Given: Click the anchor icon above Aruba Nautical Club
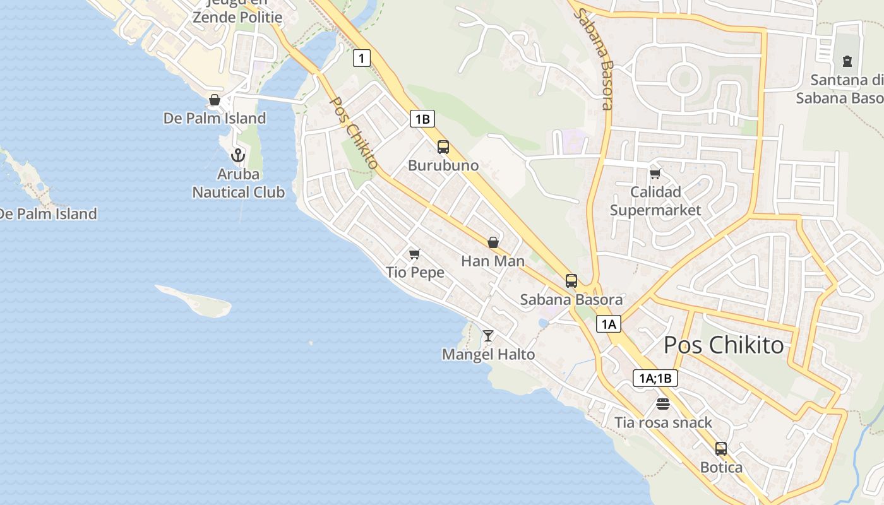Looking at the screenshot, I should click(238, 155).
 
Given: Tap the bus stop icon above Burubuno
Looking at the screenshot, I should click(443, 147).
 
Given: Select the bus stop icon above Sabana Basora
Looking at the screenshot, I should click(571, 281).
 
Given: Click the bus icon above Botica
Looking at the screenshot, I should click(721, 449).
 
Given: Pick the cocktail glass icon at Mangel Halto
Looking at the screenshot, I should click(488, 335).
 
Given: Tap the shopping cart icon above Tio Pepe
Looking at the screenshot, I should click(415, 254).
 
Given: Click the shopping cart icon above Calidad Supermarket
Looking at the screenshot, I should click(655, 174).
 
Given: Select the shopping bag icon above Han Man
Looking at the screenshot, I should click(493, 242).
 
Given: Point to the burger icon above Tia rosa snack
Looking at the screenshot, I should click(663, 404).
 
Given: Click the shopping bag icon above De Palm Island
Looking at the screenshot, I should click(215, 100).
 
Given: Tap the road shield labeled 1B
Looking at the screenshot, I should click(422, 119).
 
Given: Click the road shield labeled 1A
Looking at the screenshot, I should click(609, 324).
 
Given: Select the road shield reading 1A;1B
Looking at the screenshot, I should click(655, 378).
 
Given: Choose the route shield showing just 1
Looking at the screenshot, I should click(361, 59).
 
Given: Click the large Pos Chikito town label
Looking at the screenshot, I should click(724, 345).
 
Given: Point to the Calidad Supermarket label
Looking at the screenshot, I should click(655, 201).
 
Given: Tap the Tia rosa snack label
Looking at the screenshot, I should click(664, 422).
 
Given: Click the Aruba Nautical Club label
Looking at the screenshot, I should click(239, 183).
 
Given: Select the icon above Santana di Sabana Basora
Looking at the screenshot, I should click(847, 61).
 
